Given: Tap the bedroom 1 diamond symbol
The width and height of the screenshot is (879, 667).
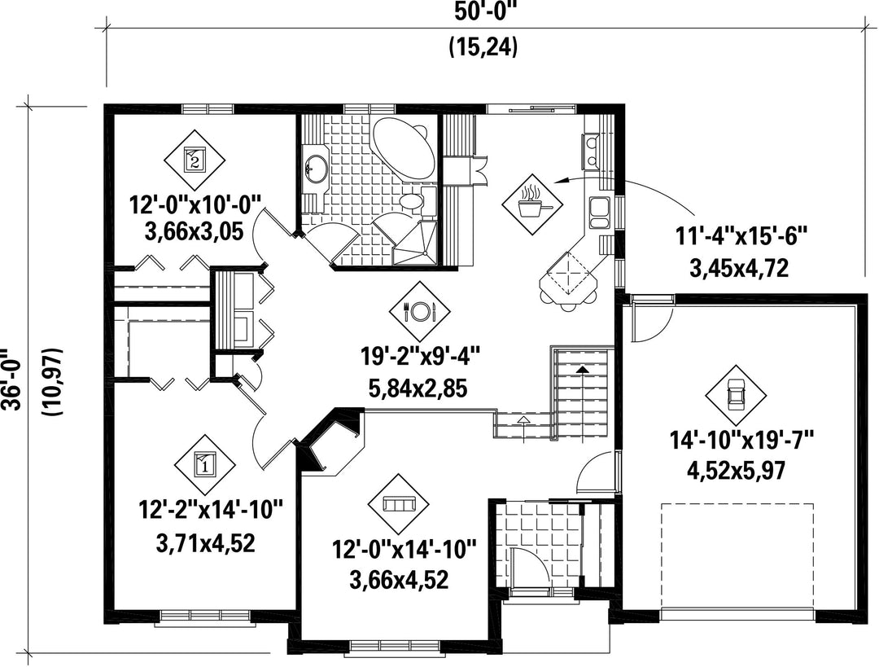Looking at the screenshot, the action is coord(204,463).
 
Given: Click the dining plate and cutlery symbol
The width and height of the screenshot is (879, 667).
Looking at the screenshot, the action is coord(420,310).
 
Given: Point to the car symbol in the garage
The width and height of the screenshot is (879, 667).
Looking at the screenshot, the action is coord(735,395).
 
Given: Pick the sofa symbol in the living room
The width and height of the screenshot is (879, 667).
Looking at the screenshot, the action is coord(398,504).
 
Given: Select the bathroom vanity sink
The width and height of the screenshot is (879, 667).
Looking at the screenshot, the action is coord(317,169).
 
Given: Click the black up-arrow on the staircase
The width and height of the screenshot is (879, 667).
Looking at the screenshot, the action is coord(583,369).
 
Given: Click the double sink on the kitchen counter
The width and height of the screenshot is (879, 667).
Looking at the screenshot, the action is coord(599,213).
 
